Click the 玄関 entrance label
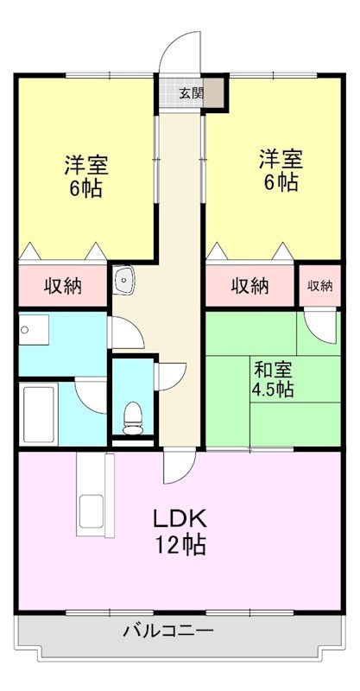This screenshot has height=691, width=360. [191, 93]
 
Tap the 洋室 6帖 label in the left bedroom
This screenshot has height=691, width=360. [85, 175]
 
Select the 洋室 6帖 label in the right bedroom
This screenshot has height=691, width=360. [281, 171]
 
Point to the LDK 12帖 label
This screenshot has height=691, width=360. [180, 531]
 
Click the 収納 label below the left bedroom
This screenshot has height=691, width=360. [63, 286]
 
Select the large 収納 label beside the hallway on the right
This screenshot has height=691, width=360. [249, 286]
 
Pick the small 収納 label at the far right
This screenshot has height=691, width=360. [319, 286]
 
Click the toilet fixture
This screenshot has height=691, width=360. [132, 417]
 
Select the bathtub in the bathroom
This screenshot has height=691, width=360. [40, 414]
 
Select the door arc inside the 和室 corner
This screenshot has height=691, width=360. [320, 327]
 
